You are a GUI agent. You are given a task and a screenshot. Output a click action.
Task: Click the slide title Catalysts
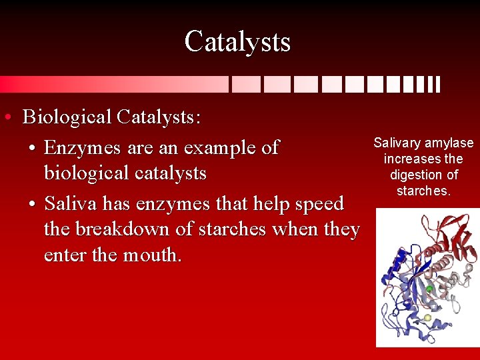click(237, 41)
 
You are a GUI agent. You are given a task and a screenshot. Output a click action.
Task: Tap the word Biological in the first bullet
click(67, 117)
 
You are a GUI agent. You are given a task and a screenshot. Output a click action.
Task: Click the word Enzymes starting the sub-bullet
click(81, 147)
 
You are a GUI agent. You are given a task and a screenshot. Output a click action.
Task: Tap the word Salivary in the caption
click(397, 143)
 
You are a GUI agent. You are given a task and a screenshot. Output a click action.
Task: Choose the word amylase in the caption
click(449, 143)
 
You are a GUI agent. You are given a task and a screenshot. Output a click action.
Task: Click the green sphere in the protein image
click(430, 289)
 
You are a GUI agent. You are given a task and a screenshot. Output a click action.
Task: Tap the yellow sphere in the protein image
click(427, 318)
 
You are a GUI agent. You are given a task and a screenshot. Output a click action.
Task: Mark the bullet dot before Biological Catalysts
click(6, 119)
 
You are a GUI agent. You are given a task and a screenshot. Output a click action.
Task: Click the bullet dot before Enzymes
click(33, 148)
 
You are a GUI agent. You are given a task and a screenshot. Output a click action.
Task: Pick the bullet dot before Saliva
click(33, 204)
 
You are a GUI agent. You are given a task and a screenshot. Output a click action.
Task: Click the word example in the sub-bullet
click(222, 147)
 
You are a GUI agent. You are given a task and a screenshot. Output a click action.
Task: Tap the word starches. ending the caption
click(424, 191)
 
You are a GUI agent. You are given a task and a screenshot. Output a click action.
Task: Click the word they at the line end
click(341, 229)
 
